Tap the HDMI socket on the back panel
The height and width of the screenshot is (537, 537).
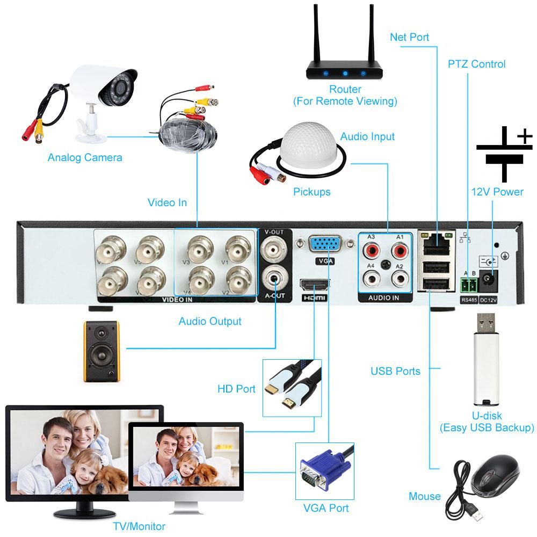[315, 284]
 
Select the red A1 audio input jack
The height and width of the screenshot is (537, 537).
[399, 250]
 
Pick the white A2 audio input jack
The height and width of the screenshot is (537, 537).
[399, 278]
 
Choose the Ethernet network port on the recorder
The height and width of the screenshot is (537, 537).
[437, 243]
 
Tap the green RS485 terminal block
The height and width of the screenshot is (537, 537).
[469, 283]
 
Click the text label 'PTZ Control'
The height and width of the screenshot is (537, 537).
[476, 64]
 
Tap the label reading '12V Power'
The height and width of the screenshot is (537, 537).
[497, 192]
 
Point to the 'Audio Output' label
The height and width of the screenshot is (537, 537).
[210, 321]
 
